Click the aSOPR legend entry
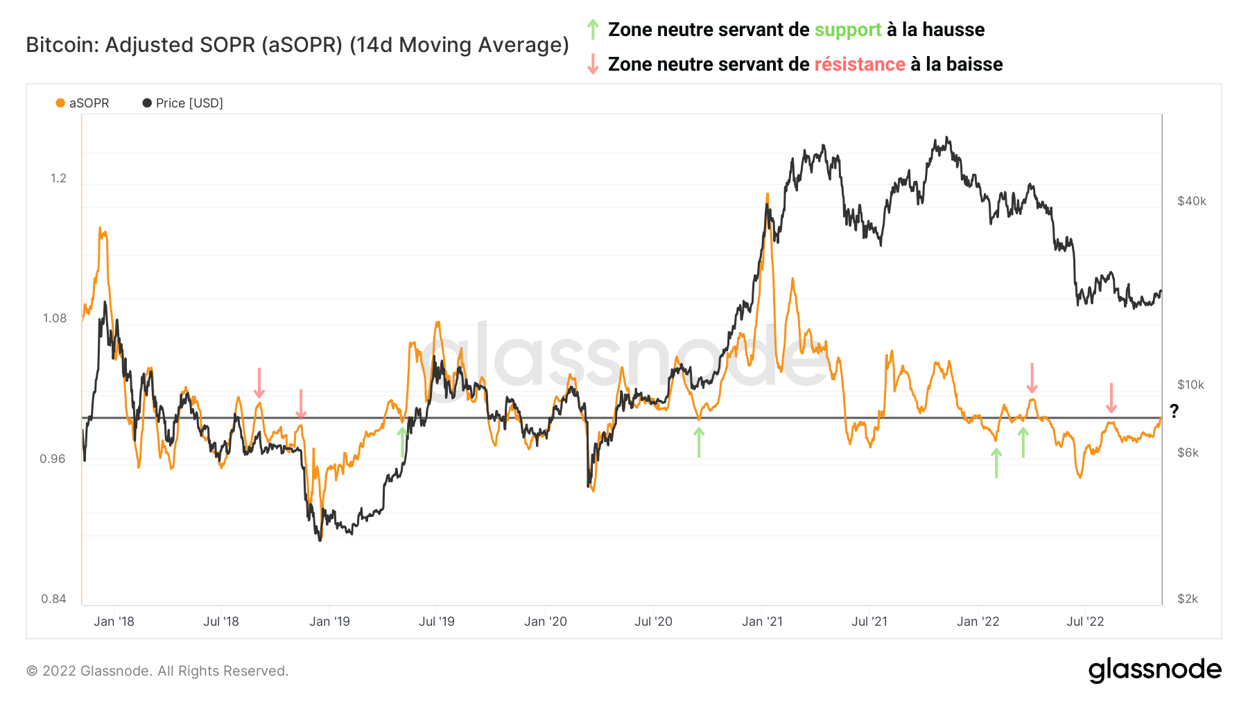[x=83, y=103]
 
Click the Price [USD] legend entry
[x=183, y=103]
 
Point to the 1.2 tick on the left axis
[x=58, y=178]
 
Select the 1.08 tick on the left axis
[x=55, y=318]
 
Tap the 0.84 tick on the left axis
[x=53, y=599]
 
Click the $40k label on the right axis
[x=1191, y=201]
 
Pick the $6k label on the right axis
[x=1188, y=453]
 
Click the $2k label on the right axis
[x=1188, y=599]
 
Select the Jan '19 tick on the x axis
[x=329, y=622]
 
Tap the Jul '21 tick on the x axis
[x=869, y=622]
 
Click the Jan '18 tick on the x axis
[x=114, y=622]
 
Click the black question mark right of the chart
[x=1174, y=411]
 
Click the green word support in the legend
[x=847, y=30]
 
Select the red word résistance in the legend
[x=859, y=64]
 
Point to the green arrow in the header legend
[x=592, y=29]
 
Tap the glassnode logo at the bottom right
[x=1154, y=670]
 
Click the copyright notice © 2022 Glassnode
[x=157, y=671]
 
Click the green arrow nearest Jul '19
[x=402, y=442]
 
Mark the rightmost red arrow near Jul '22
[x=1111, y=398]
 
